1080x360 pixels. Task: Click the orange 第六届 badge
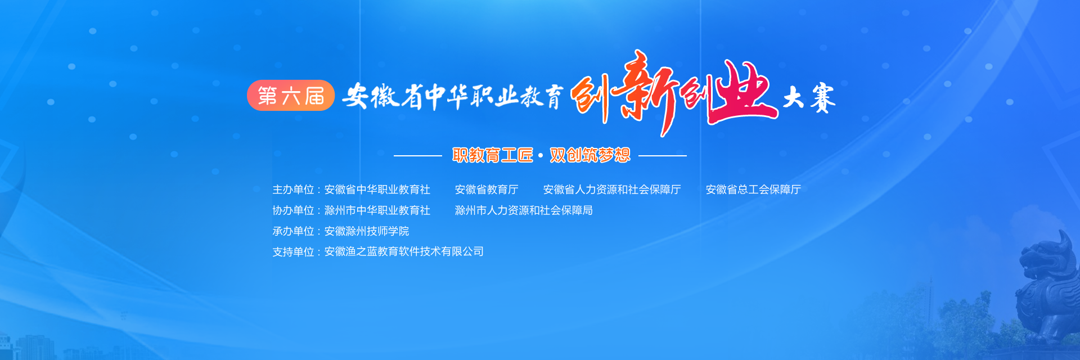[291, 96]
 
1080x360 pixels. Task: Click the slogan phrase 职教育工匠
[493, 155]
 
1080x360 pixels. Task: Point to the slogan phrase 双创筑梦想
[590, 155]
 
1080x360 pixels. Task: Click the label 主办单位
[293, 190]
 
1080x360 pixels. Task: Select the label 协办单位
[293, 210]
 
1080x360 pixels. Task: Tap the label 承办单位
[293, 231]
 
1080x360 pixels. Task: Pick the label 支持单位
[293, 251]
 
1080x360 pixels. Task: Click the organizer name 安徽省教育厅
[487, 190]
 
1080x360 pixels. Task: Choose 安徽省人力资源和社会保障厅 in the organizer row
[612, 190]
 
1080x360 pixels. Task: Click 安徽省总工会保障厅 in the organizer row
[753, 190]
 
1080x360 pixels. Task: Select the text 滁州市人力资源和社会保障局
[524, 210]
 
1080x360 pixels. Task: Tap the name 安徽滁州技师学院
[367, 231]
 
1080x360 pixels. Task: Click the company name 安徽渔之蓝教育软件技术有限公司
[404, 251]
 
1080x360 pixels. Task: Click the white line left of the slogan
[418, 155]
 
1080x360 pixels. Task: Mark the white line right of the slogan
[663, 155]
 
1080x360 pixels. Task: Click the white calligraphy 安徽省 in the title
[382, 96]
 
